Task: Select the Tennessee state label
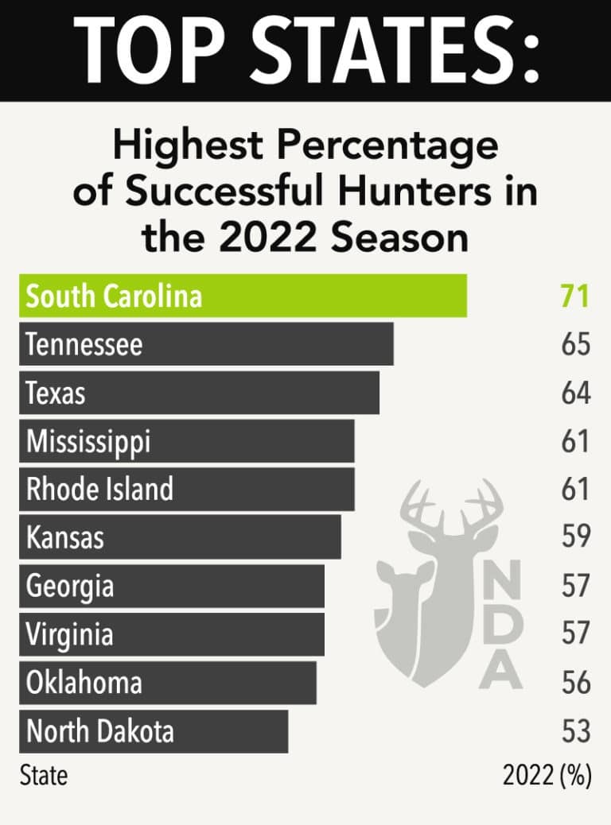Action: click(x=84, y=345)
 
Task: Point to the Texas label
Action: click(x=56, y=393)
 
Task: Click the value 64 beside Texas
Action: click(x=575, y=393)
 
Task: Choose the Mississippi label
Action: click(x=88, y=442)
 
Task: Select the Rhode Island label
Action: click(x=99, y=490)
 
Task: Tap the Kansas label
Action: click(x=65, y=538)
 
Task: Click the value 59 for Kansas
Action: click(x=575, y=536)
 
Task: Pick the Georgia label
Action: click(x=70, y=587)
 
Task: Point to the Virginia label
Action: click(x=69, y=634)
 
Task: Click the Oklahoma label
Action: click(x=84, y=683)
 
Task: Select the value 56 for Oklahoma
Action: click(x=575, y=683)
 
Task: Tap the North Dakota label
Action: click(x=99, y=731)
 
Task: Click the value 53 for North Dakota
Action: click(x=575, y=731)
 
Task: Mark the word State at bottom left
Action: click(x=44, y=776)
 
